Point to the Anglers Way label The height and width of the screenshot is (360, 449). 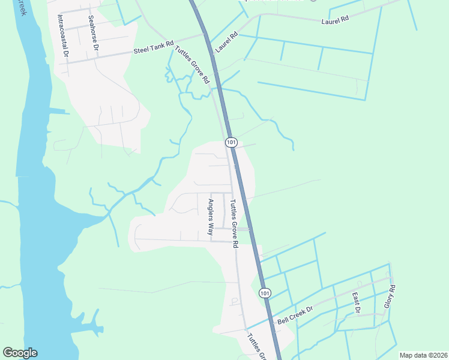(211, 220)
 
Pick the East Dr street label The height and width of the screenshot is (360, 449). (357, 303)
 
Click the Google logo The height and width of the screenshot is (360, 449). (20, 353)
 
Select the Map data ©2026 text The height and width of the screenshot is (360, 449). (423, 355)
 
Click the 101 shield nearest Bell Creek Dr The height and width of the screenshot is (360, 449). (265, 292)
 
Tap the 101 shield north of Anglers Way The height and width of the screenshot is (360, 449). (232, 142)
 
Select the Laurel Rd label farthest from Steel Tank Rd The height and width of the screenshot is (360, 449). (335, 20)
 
